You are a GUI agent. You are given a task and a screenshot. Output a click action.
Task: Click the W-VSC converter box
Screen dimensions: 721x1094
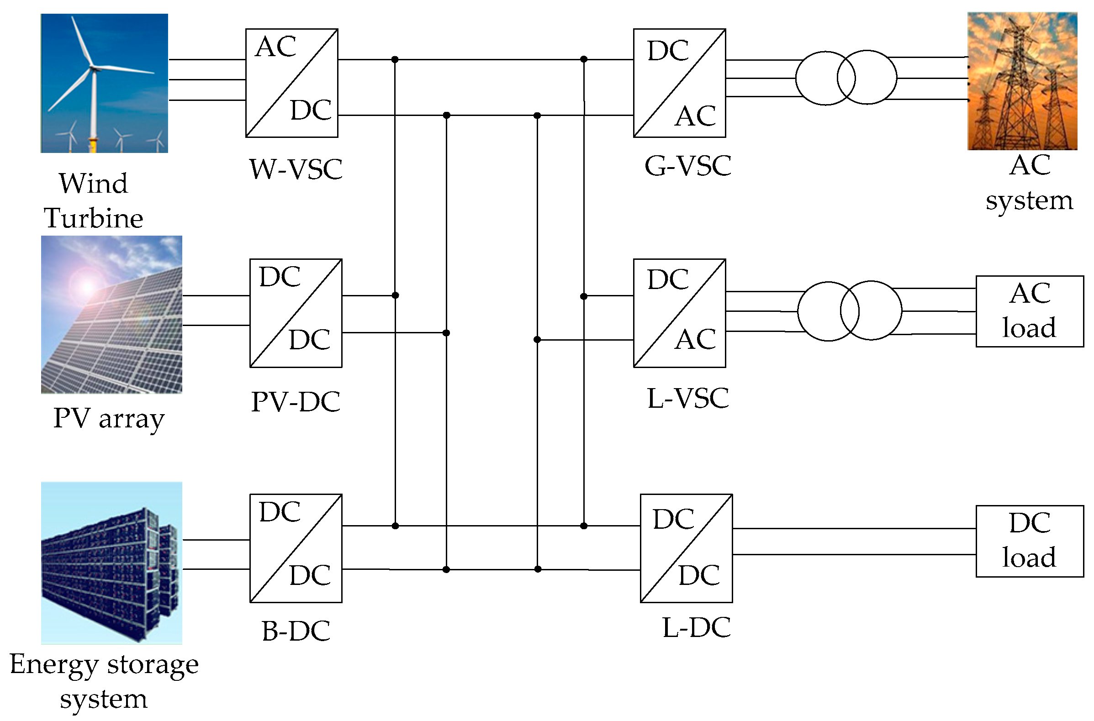click(x=291, y=83)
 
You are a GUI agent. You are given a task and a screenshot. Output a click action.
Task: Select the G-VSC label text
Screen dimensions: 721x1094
click(x=687, y=166)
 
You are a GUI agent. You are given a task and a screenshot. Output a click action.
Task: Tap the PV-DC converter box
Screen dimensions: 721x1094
click(x=296, y=313)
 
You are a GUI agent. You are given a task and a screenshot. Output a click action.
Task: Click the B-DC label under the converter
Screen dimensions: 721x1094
click(x=296, y=631)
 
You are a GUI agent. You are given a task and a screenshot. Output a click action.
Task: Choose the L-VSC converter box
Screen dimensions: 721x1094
click(x=679, y=313)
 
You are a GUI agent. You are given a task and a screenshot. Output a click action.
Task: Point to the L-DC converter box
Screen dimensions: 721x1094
click(x=686, y=548)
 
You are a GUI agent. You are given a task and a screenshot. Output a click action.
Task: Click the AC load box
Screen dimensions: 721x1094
click(x=1030, y=311)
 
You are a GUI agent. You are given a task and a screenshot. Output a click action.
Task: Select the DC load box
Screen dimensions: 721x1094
click(x=1030, y=541)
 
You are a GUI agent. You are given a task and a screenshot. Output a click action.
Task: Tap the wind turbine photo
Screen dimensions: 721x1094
click(x=105, y=83)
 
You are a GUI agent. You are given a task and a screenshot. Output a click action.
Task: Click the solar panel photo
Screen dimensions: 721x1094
click(x=111, y=315)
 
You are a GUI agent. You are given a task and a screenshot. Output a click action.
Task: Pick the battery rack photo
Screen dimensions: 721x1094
click(x=111, y=563)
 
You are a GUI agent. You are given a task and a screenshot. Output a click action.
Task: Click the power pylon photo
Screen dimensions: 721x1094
click(x=1022, y=81)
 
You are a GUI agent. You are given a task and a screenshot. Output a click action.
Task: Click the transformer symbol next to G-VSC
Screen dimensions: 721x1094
click(x=846, y=77)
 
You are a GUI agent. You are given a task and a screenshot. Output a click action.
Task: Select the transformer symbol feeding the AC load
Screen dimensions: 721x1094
click(x=849, y=311)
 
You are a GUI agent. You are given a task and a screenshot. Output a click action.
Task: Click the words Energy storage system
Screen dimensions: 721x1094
click(x=104, y=681)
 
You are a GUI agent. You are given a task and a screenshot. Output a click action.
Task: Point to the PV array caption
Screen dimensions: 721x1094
click(x=109, y=418)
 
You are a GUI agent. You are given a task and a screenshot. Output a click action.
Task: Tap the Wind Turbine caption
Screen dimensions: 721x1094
click(x=93, y=200)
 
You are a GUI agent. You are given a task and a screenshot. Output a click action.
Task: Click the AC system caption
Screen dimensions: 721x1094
click(x=1029, y=183)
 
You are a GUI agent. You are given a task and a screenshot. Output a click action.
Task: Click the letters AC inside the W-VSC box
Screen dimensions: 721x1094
click(x=275, y=47)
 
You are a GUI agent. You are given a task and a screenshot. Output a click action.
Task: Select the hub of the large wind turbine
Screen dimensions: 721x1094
click(x=95, y=68)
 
